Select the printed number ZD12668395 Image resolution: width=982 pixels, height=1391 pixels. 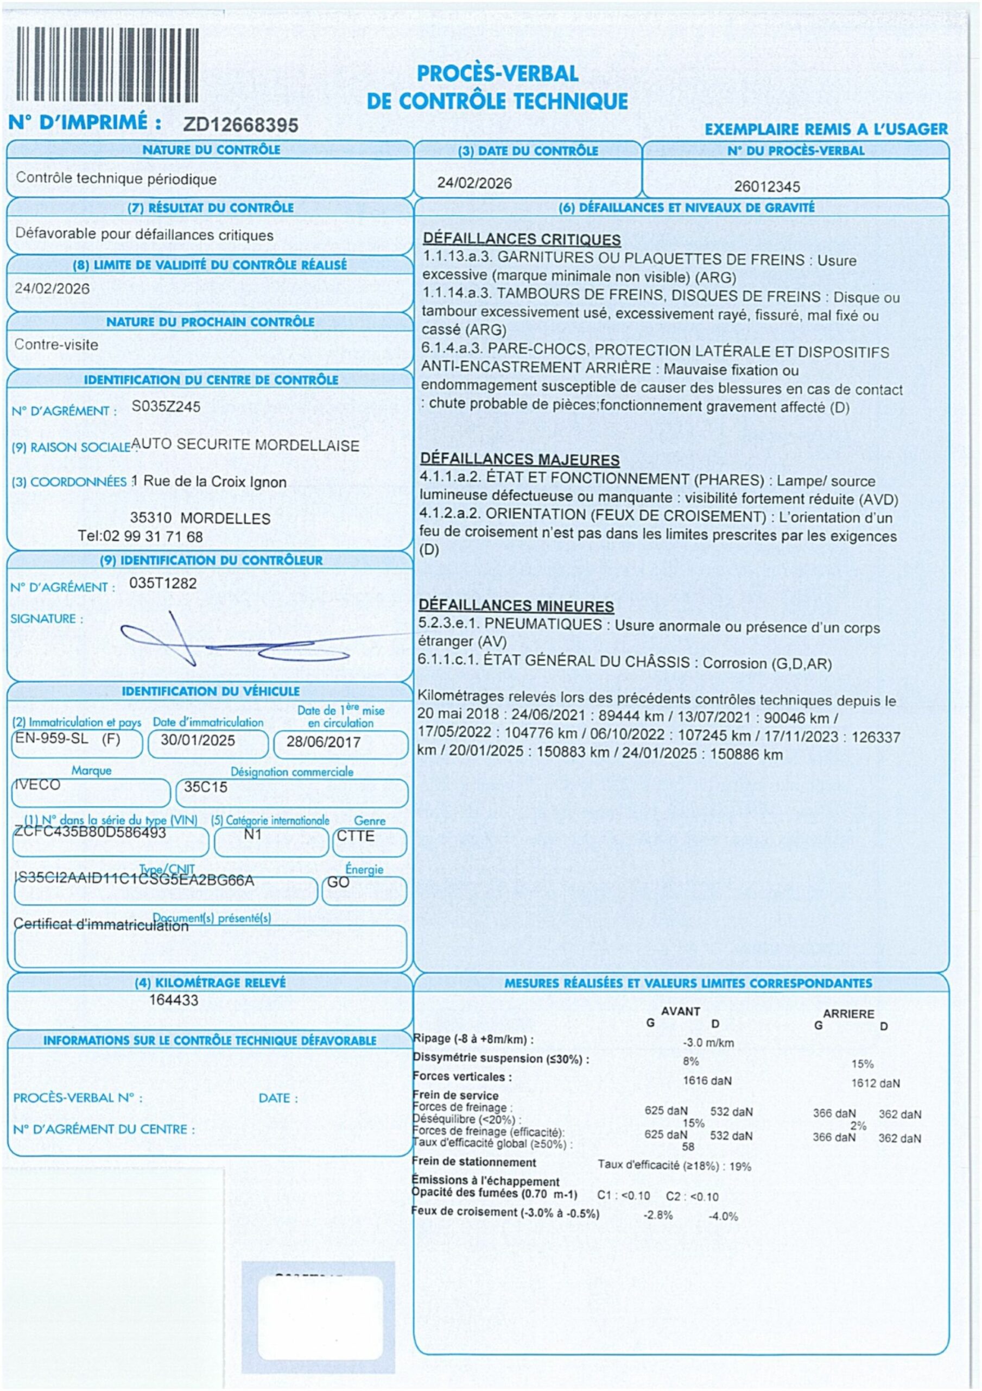(240, 126)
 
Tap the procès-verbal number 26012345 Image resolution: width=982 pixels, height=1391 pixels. (766, 186)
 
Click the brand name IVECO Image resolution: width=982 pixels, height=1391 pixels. (37, 785)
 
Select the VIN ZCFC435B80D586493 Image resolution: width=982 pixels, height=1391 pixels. (90, 832)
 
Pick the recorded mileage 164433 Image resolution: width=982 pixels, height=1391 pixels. (174, 1000)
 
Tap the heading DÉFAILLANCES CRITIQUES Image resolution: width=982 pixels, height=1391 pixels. (521, 239)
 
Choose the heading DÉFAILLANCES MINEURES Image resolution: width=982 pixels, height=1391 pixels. (516, 606)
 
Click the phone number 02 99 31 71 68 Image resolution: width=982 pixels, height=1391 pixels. (153, 537)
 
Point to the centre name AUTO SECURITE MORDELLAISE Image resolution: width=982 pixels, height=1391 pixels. (245, 446)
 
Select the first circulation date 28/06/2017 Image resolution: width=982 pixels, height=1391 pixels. (324, 742)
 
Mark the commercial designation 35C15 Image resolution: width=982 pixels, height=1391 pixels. (206, 787)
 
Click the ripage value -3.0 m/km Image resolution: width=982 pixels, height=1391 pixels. (708, 1043)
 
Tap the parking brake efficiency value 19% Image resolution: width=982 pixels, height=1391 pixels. (740, 1166)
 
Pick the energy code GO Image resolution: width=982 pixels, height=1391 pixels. (338, 882)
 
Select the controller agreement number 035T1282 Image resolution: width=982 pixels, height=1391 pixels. (163, 584)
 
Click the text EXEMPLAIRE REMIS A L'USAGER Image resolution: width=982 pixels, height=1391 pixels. (826, 129)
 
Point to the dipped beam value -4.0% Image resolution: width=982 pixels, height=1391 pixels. (723, 1217)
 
